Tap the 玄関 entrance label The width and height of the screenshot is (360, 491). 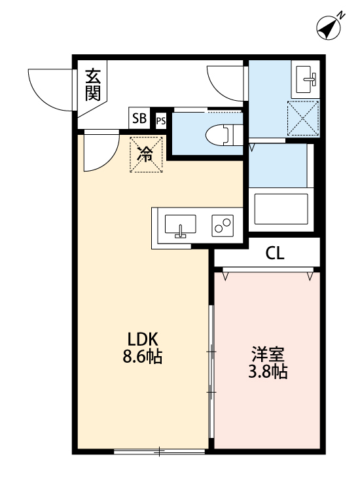click(x=93, y=83)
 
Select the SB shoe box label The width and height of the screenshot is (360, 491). click(x=139, y=118)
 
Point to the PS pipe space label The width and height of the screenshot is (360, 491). click(x=161, y=121)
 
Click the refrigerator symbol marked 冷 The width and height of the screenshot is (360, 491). click(x=146, y=154)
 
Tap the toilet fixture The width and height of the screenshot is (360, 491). click(x=219, y=134)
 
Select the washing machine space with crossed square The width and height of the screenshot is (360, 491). click(x=303, y=119)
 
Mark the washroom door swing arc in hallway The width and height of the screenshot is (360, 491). click(x=225, y=85)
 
